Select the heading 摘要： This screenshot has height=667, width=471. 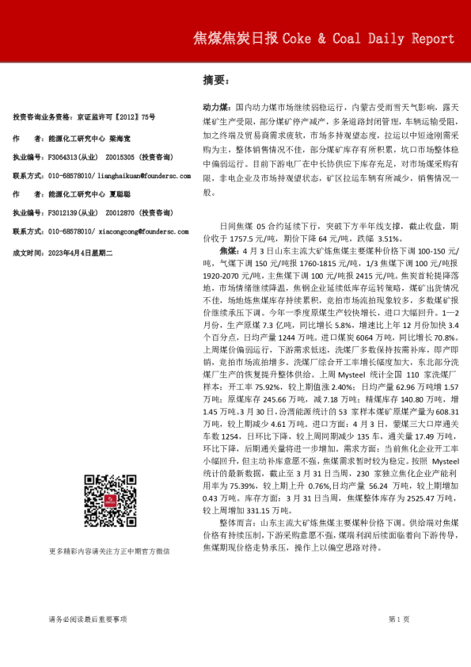(216, 81)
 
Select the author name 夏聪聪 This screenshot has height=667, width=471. (120, 194)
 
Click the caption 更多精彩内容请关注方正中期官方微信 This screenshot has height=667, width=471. (108, 551)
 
